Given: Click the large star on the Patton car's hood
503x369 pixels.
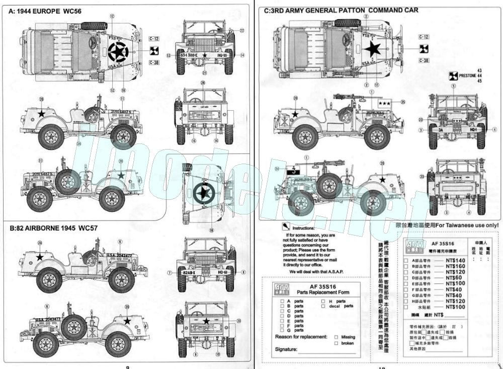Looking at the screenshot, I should (373, 49).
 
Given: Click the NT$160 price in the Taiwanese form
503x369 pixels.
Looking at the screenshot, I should (456, 266).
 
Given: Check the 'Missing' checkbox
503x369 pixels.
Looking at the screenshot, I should (336, 337).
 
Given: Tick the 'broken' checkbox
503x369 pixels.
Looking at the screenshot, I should (336, 343).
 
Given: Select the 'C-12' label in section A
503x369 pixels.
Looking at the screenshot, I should (154, 38).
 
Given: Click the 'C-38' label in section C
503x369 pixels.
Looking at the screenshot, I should (424, 60).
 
